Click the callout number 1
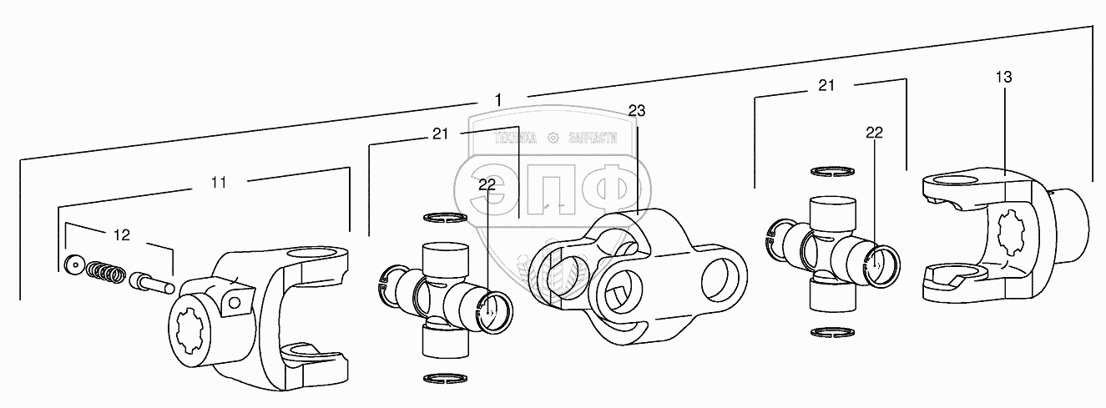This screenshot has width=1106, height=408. (x=498, y=100)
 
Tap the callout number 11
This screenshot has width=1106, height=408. (x=219, y=183)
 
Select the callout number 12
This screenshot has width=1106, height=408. (x=122, y=235)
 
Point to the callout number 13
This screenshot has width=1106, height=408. (x=1003, y=77)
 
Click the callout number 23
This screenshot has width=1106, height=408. (x=637, y=110)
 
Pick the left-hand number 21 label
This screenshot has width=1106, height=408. (x=442, y=133)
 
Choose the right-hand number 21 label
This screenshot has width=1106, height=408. (x=826, y=85)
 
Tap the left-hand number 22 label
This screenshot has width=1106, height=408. (x=487, y=185)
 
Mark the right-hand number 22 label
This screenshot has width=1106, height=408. (x=874, y=133)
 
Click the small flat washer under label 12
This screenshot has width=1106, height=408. (x=73, y=264)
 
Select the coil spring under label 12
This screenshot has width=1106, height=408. (x=106, y=272)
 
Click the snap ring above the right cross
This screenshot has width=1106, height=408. (x=830, y=172)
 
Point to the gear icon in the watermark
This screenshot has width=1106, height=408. (x=552, y=138)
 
